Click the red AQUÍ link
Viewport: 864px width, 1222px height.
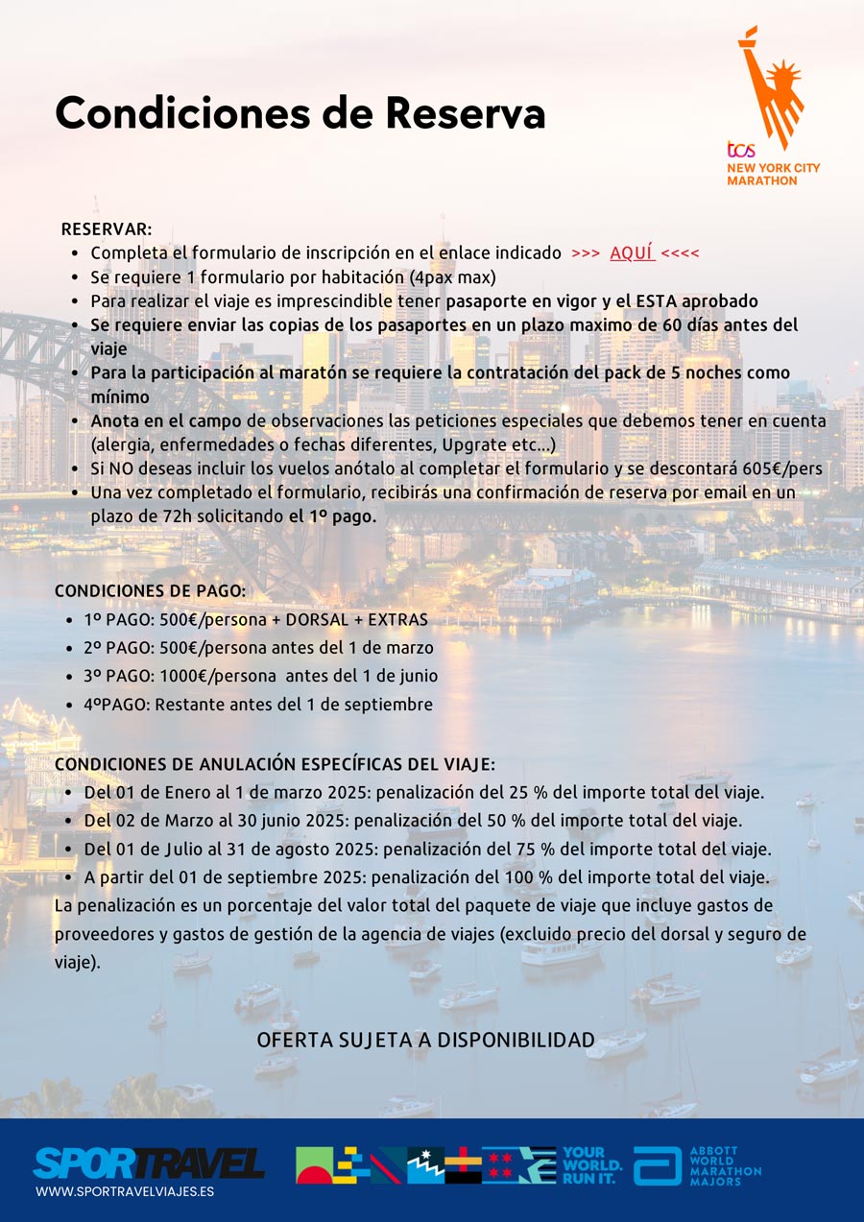point(632,253)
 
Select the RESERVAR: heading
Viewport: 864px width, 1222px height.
point(107,229)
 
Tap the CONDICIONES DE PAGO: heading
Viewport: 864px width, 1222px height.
point(150,590)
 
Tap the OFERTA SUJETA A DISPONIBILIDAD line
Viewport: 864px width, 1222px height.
point(425,1041)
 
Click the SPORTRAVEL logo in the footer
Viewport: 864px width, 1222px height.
point(149,1162)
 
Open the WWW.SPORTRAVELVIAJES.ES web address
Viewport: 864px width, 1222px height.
point(125,1191)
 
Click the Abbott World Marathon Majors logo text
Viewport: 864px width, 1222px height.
point(725,1166)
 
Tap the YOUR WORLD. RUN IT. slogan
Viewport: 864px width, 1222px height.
point(591,1165)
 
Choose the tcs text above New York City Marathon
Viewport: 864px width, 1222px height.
point(740,150)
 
